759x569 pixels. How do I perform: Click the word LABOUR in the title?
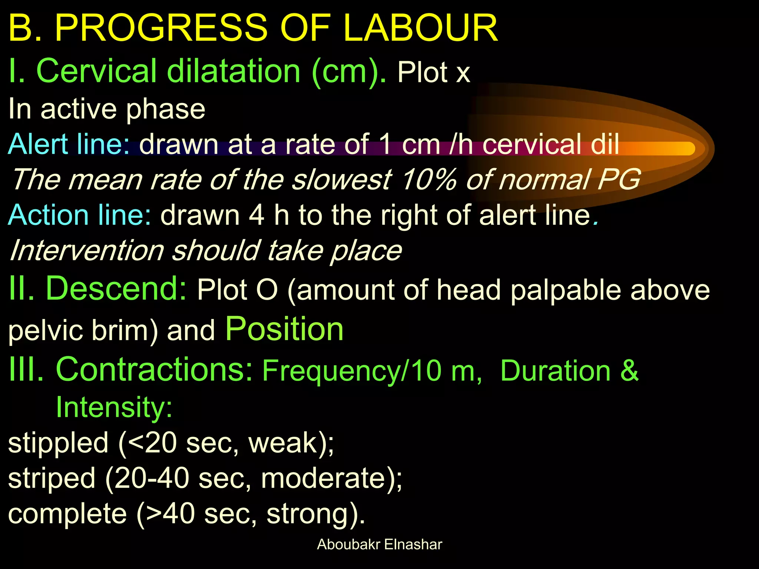420,28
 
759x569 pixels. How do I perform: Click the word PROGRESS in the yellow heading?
161,28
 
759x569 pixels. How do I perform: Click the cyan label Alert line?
69,144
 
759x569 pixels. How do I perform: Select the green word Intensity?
114,407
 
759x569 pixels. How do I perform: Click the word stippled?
58,443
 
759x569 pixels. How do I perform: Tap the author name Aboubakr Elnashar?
379,545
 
